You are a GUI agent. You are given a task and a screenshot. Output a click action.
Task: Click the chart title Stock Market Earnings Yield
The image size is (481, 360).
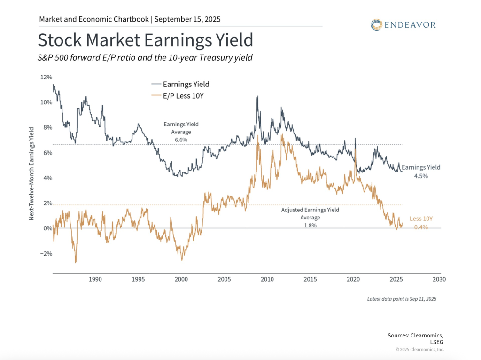click(145, 40)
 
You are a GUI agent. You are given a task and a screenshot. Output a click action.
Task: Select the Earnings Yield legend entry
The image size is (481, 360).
click(186, 85)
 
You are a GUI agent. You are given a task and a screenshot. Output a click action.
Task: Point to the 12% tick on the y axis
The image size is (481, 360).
click(46, 77)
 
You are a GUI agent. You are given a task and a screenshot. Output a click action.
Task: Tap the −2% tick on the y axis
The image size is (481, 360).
click(45, 254)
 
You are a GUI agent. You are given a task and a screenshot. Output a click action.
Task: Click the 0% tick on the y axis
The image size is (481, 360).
click(47, 228)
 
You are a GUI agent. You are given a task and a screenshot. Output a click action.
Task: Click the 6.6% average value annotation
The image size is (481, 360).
click(181, 140)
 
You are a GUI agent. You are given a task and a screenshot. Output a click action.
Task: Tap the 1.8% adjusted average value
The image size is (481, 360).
click(310, 226)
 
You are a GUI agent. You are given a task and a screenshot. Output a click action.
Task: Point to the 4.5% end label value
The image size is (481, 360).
click(421, 175)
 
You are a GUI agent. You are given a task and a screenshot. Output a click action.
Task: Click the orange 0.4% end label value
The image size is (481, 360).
click(421, 227)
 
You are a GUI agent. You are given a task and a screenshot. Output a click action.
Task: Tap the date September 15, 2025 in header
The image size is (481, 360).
click(187, 19)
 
